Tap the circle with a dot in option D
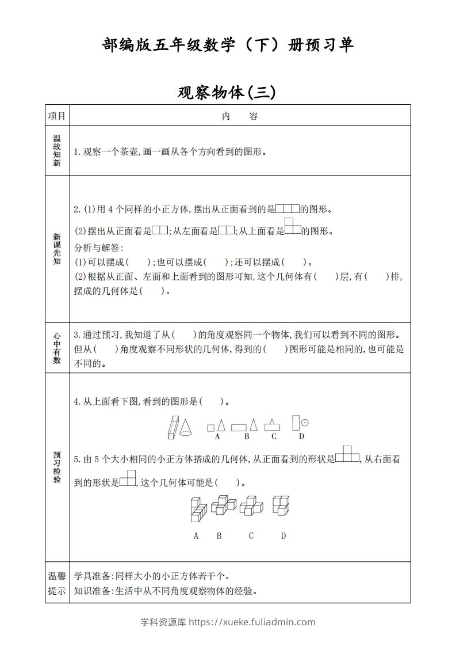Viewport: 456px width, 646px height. [x=305, y=423]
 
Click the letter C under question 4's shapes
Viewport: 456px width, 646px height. [x=274, y=436]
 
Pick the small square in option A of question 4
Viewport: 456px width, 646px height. [x=210, y=428]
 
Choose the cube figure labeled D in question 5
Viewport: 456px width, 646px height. [x=281, y=506]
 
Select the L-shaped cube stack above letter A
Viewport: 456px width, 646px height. [x=198, y=508]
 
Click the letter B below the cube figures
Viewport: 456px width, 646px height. [x=219, y=536]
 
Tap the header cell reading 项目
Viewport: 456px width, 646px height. [x=57, y=116]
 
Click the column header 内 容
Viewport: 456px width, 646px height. [x=240, y=116]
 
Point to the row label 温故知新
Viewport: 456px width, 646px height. [x=57, y=151]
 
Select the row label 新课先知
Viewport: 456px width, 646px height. [x=57, y=249]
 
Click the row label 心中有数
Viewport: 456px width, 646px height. [x=57, y=348]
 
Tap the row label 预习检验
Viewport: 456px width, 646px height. [x=57, y=467]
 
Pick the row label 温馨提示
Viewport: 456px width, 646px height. [x=57, y=583]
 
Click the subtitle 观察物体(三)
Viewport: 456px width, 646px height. [x=227, y=92]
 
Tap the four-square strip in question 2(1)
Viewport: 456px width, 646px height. [x=288, y=209]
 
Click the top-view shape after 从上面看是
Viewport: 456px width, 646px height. [x=293, y=227]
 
